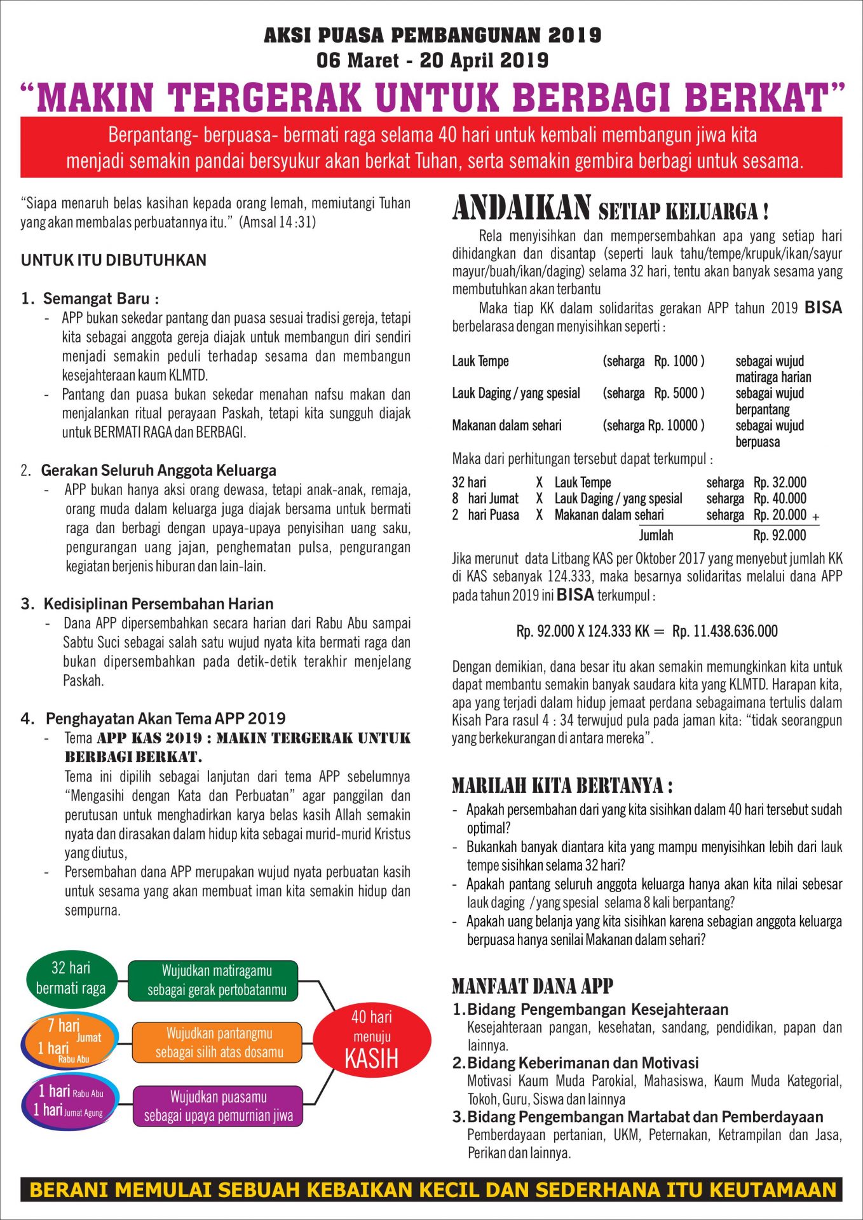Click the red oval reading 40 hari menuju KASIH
pyautogui.click(x=372, y=1041)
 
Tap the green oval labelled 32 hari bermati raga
pyautogui.click(x=71, y=978)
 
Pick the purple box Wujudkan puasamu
pyautogui.click(x=219, y=1106)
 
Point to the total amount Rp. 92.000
pyautogui.click(x=779, y=535)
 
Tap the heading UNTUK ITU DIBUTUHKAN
pyautogui.click(x=114, y=260)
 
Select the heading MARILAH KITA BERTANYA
pyautogui.click(x=562, y=786)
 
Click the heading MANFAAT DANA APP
pyautogui.click(x=532, y=986)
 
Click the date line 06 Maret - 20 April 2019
pyautogui.click(x=432, y=60)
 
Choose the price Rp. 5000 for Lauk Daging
pyautogui.click(x=679, y=393)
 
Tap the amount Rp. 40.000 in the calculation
pyautogui.click(x=779, y=498)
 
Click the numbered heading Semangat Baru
pyautogui.click(x=100, y=299)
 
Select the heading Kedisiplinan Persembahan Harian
pyautogui.click(x=158, y=604)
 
